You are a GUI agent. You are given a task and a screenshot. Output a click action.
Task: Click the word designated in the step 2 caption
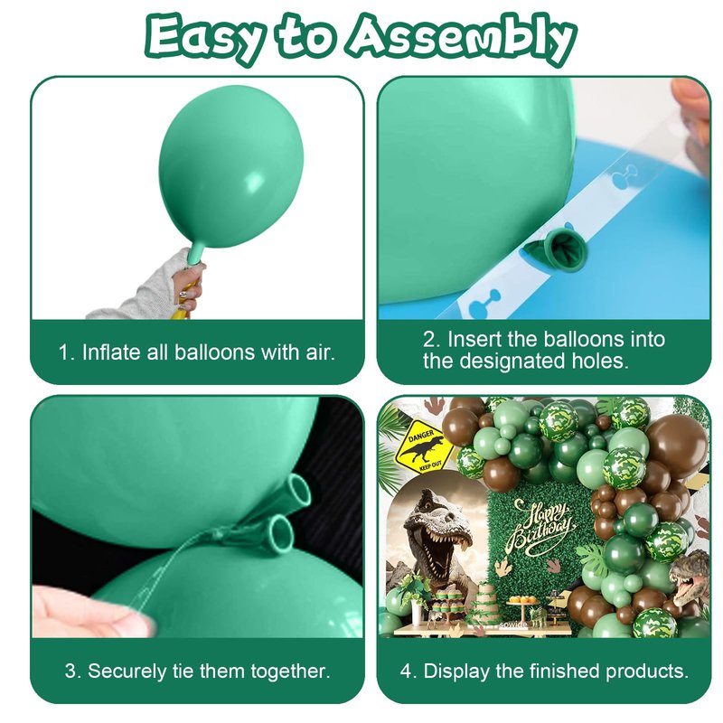512,361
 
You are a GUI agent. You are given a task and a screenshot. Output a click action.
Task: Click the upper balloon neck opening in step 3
297,490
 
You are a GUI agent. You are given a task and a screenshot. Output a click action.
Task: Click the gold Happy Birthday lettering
541,527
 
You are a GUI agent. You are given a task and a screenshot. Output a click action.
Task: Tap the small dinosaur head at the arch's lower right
690,577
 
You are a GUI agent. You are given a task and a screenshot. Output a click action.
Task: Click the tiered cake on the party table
483,601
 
